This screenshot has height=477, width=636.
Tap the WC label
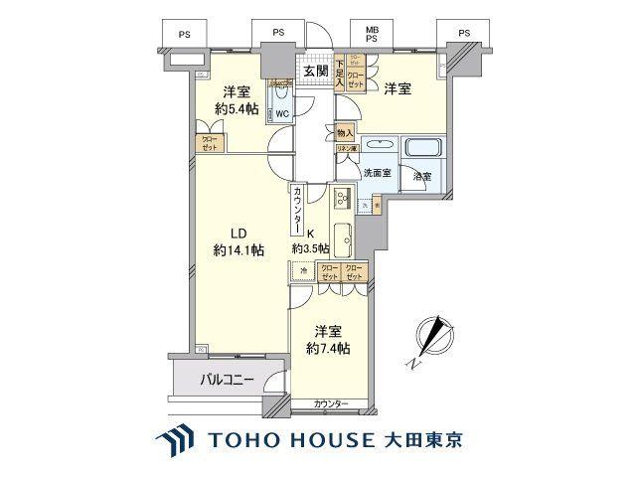tap(282, 113)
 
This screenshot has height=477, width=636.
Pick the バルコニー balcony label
tap(228, 379)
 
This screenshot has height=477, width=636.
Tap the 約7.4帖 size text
tap(329, 350)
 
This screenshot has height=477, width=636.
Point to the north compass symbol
tap(433, 337)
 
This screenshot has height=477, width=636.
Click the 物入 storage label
tap(345, 132)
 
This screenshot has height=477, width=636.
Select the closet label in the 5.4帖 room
tap(209, 141)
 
